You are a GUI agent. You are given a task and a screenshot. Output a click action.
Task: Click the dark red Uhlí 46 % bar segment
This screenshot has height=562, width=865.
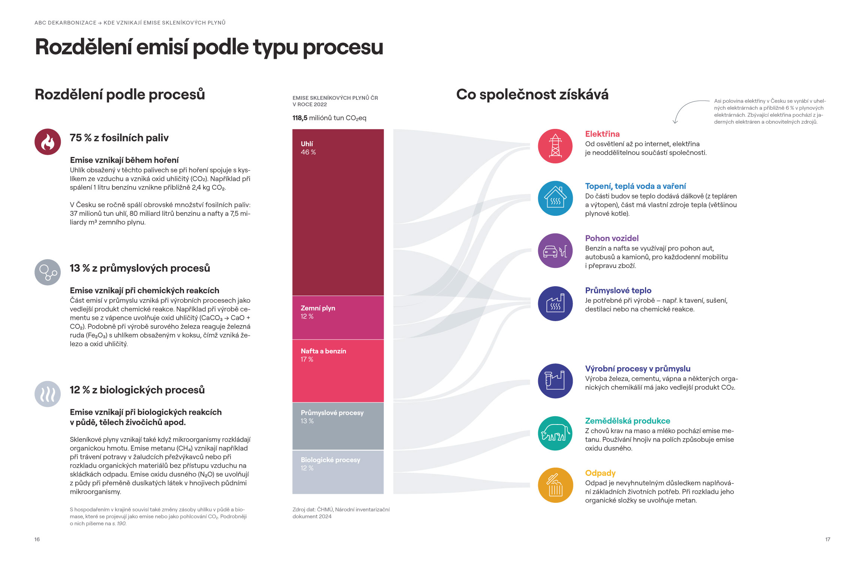338,212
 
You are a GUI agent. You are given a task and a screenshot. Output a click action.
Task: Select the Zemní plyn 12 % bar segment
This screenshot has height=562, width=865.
338,318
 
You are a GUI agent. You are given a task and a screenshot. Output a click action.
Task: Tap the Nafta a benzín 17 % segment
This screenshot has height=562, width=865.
338,371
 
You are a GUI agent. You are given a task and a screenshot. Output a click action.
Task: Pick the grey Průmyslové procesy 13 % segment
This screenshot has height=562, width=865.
338,426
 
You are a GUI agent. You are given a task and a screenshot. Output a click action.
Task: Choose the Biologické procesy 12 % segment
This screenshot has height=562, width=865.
338,472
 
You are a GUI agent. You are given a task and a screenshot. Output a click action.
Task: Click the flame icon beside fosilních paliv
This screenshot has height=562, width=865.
48,142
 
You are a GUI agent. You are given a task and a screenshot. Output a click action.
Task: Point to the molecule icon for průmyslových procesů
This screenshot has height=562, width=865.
48,272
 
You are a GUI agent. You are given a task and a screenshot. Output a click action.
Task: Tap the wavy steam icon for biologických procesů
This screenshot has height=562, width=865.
48,394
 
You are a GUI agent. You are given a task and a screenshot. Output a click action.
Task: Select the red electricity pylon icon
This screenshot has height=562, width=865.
555,146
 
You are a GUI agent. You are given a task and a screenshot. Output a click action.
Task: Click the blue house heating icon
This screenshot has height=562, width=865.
555,198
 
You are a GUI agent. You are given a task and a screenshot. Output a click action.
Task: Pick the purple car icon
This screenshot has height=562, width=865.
555,251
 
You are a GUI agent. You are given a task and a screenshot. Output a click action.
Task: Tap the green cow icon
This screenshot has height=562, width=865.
555,433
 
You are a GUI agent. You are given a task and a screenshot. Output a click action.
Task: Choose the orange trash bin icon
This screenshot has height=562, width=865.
555,485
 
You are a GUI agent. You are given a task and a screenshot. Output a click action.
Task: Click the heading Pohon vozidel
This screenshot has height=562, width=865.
612,238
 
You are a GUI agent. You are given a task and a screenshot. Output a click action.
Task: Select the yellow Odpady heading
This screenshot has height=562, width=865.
600,473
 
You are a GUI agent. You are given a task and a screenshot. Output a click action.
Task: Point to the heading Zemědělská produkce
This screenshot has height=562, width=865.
627,421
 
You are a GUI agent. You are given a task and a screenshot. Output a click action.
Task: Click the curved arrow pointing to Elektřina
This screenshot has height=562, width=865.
683,106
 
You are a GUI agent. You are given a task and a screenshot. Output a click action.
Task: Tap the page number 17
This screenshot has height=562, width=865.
828,539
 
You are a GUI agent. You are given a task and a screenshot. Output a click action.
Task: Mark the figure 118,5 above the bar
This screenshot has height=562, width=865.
300,118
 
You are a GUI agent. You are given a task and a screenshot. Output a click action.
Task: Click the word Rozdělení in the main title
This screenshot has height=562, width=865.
84,47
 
